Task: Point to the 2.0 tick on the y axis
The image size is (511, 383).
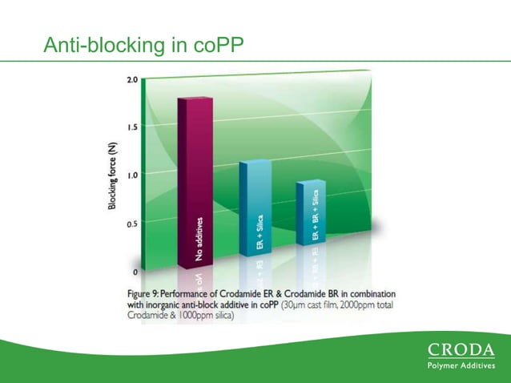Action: coord(132,80)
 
